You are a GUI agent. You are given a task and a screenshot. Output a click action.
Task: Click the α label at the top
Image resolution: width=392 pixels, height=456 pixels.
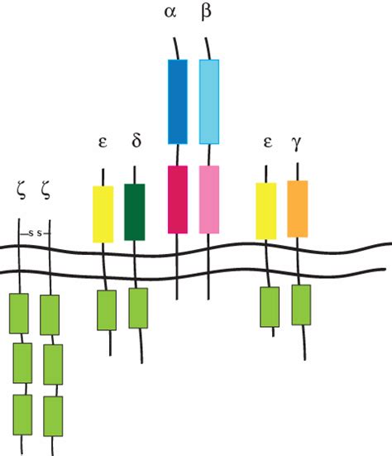pos(170,12)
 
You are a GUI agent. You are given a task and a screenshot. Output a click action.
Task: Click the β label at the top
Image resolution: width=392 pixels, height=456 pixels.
pos(206,12)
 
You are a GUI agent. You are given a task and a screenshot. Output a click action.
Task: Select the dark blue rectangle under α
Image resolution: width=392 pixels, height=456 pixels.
pos(178,102)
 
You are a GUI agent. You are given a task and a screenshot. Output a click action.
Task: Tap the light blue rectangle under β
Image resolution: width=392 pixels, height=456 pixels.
pos(209,102)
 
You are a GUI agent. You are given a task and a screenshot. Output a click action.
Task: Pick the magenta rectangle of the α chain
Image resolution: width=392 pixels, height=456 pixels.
pos(178,199)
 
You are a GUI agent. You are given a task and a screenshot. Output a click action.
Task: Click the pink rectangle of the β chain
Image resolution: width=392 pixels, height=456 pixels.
pos(209,199)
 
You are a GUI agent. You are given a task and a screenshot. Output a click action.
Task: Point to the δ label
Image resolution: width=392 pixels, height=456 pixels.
pos(136,141)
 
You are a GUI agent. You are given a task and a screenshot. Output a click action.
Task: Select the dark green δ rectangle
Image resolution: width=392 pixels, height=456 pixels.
pos(135,212)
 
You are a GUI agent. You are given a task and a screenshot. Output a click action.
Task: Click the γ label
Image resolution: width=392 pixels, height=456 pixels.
pos(296,143)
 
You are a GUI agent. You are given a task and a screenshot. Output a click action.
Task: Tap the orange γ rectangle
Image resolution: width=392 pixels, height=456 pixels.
pos(298,209)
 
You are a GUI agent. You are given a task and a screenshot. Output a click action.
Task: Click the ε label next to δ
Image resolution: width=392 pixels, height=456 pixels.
pos(103,142)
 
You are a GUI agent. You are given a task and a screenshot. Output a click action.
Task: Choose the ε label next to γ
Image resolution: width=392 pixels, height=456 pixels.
pos(268,142)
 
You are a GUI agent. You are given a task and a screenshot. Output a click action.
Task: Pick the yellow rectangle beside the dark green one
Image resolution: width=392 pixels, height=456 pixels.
pos(103,214)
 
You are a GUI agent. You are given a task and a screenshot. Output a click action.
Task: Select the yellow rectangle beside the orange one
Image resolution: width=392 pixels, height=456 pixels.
pos(266,211)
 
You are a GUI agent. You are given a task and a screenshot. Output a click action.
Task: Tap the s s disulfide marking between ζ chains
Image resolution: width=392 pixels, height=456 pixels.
pos(36,233)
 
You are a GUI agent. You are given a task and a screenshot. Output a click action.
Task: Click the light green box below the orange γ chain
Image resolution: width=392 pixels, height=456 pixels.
pos(301,305)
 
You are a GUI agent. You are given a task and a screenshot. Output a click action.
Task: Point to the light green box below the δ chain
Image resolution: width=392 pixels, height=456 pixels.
pos(138,308)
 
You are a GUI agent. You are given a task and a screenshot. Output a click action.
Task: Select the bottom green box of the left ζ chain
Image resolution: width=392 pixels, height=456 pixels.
pos(22,415)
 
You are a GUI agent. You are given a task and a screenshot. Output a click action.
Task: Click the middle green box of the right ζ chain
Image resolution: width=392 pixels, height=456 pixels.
pos(53,365)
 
